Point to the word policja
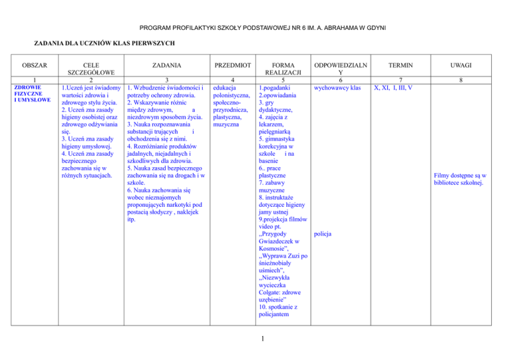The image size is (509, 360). [323, 234]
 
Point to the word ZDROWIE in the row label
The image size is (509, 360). [28, 87]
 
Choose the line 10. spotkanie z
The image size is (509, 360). [282, 308]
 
